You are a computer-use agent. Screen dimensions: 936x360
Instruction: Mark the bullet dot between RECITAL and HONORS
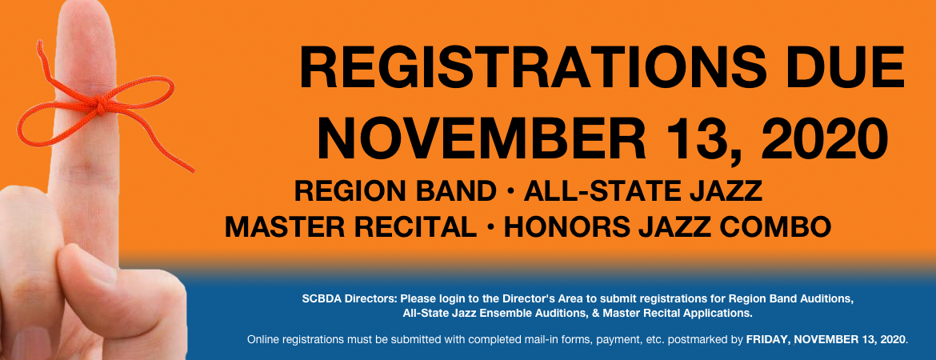coord(490,227)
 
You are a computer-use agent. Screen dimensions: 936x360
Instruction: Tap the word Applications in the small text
coord(720,313)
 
